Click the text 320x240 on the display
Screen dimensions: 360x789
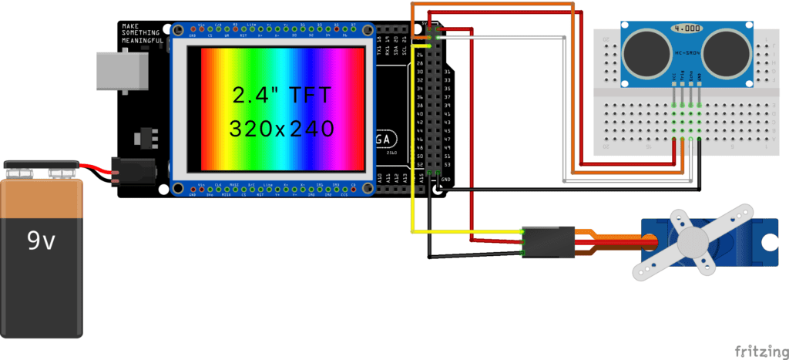282,127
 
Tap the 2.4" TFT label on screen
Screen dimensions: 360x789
282,96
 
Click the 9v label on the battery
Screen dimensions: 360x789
41,242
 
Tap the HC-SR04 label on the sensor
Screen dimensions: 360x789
686,53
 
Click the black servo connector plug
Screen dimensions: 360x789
549,242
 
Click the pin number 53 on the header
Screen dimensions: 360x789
447,163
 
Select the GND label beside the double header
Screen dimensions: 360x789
447,180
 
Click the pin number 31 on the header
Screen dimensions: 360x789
447,72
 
